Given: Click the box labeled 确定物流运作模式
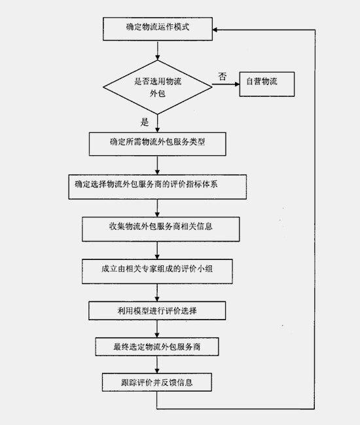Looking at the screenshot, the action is [157, 29].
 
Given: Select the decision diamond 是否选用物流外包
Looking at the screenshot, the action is [157, 87].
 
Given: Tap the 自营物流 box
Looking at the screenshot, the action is [267, 84].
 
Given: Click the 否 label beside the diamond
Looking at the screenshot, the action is [223, 77].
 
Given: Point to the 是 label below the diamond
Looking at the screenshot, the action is [145, 122].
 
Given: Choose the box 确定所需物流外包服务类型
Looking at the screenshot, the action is [157, 144].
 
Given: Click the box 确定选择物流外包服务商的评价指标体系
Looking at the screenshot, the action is [157, 187].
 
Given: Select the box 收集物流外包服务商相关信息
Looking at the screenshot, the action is [160, 229].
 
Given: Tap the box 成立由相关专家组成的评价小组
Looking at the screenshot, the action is [157, 271].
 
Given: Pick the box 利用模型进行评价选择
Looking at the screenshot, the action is [157, 310].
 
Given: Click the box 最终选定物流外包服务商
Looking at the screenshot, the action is [157, 346].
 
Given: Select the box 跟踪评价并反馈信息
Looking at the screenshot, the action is [157, 382].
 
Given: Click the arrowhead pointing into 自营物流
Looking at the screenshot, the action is [237, 84].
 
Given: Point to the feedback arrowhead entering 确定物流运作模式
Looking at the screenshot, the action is [215, 29].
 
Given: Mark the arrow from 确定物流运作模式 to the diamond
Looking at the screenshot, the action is [157, 50].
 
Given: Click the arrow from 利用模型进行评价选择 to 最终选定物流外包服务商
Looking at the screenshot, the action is [157, 329].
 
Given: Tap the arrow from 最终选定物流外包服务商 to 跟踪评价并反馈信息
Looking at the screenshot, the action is [157, 365].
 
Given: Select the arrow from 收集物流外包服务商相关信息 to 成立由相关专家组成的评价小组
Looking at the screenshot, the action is [157, 250].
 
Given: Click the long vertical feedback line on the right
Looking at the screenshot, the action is [315, 219].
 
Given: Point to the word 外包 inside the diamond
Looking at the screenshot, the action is [157, 94].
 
